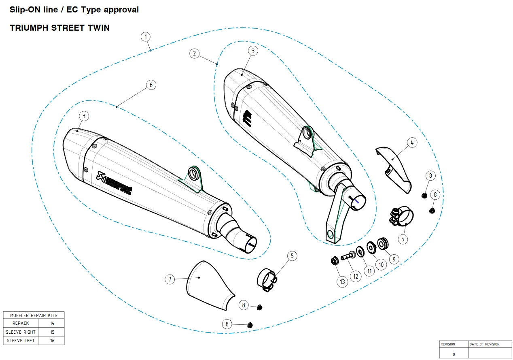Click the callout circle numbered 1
pyautogui.click(x=146, y=37)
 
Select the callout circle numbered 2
pyautogui.click(x=195, y=53)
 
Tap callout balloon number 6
pyautogui.click(x=151, y=85)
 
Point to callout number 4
pyautogui.click(x=412, y=143)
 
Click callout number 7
pyautogui.click(x=170, y=279)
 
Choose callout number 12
pyautogui.click(x=356, y=277)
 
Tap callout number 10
pyautogui.click(x=381, y=265)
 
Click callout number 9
pyautogui.click(x=393, y=259)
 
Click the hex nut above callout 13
pyautogui.click(x=335, y=261)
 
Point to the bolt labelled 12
pyautogui.click(x=348, y=256)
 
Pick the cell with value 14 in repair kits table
pyautogui.click(x=52, y=323)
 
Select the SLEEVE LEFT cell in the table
pyautogui.click(x=21, y=341)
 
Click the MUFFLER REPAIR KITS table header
pyautogui.click(x=34, y=315)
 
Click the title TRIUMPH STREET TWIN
pyautogui.click(x=59, y=28)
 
